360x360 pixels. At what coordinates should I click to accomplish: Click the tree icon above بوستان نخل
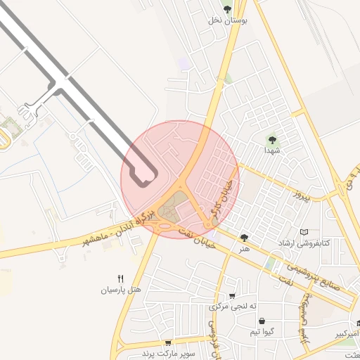point(227,8)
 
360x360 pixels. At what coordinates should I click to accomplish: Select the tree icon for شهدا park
point(272,139)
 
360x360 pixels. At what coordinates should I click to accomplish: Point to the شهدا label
point(272,150)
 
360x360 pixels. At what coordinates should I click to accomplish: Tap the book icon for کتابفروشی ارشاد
point(304,232)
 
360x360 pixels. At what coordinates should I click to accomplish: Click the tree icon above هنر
point(244,238)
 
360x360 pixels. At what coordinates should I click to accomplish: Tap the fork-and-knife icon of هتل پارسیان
point(120,278)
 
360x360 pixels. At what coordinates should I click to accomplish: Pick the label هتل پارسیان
point(120,290)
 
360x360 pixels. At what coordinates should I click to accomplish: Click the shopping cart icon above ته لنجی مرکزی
point(233,297)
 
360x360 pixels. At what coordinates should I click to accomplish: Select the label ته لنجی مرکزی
point(233,307)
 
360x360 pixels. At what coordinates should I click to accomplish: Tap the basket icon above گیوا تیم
point(262,321)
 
